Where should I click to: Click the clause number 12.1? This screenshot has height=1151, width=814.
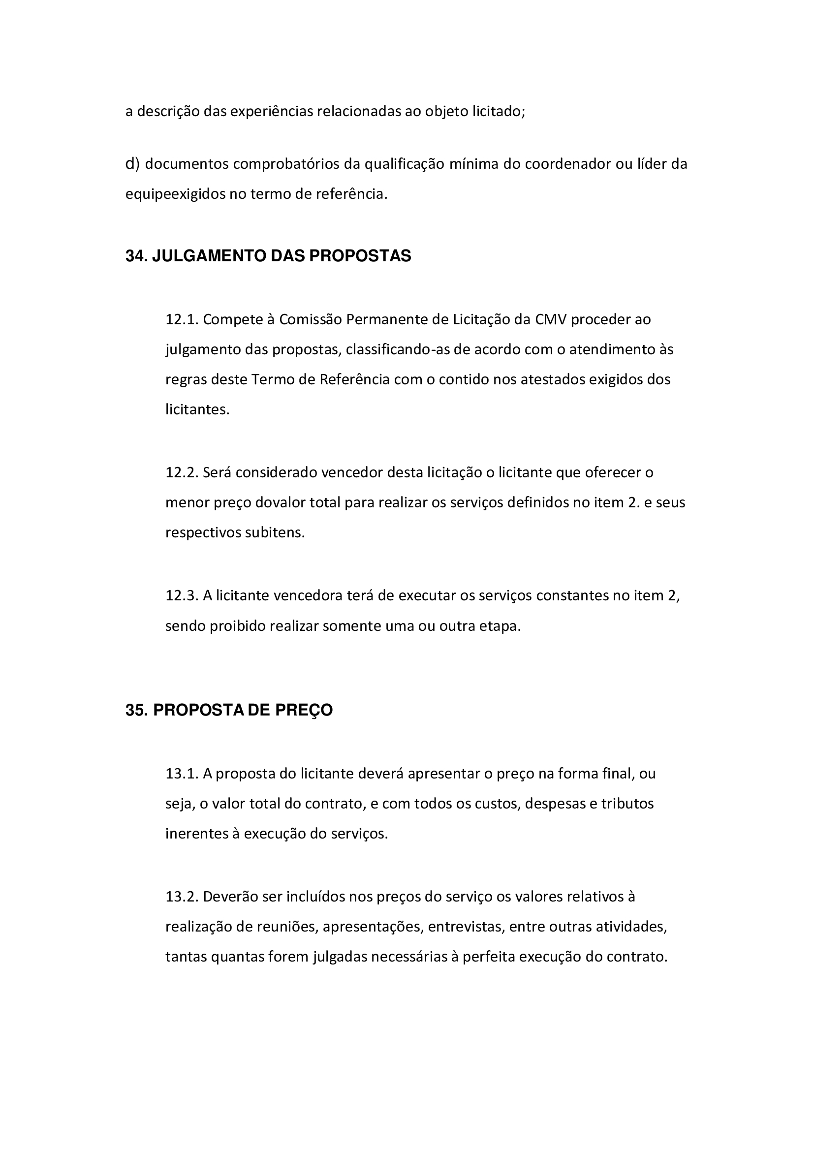(x=183, y=319)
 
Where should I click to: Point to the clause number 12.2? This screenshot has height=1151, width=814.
(x=183, y=473)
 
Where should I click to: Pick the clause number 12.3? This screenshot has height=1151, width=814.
(x=183, y=595)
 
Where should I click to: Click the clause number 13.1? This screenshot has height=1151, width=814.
(x=183, y=774)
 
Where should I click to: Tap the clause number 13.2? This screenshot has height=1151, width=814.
(x=183, y=896)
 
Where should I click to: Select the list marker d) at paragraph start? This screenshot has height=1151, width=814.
(x=132, y=164)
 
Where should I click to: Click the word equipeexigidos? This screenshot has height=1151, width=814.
(x=175, y=194)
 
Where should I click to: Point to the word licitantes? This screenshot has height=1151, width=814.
(x=197, y=409)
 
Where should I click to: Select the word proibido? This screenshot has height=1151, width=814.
(x=238, y=626)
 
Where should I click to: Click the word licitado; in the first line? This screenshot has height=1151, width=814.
(x=499, y=111)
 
